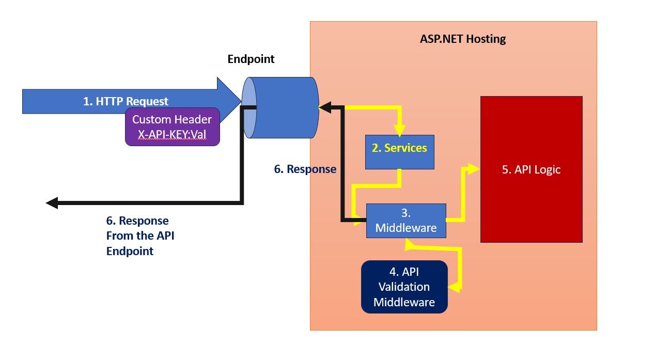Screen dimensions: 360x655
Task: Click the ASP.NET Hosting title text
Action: [463, 39]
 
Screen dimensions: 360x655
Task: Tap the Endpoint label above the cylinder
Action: [251, 59]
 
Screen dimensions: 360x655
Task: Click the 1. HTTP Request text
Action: [126, 102]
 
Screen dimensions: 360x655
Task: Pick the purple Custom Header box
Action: [172, 127]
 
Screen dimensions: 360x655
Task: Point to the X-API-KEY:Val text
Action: [172, 136]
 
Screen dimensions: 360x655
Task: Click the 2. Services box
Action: [399, 151]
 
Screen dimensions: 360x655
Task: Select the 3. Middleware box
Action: [406, 221]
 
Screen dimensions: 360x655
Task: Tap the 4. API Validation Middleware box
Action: [404, 287]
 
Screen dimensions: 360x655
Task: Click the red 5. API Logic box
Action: [531, 169]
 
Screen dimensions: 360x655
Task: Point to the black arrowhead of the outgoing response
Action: [52, 203]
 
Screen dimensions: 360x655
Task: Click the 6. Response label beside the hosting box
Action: [305, 169]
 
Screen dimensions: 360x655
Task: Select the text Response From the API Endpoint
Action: [137, 236]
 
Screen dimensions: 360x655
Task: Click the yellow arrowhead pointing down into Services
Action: [399, 130]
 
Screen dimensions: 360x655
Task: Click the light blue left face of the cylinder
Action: [248, 107]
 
